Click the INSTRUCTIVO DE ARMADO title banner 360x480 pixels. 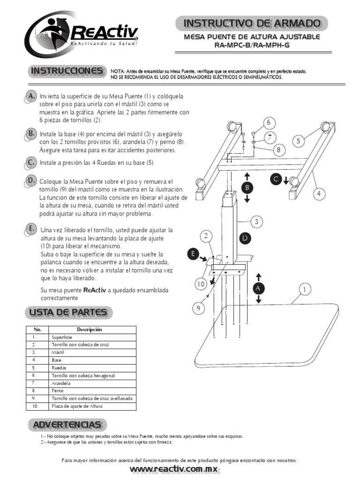click(252, 23)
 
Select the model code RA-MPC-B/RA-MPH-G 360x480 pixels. click(252, 45)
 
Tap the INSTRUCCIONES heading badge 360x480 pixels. click(67, 71)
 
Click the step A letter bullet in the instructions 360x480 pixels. click(31, 96)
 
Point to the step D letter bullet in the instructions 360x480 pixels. click(31, 181)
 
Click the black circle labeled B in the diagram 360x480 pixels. click(247, 187)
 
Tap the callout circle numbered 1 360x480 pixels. click(304, 290)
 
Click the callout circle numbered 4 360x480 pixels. click(319, 193)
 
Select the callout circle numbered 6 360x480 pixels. click(269, 123)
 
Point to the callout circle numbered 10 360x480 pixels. click(201, 284)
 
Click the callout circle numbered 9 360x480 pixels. click(198, 308)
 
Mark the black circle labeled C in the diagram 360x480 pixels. click(276, 179)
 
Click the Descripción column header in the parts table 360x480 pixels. click(92, 330)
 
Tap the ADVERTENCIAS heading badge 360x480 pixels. click(67, 425)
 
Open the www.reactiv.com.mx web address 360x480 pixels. click(175, 469)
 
